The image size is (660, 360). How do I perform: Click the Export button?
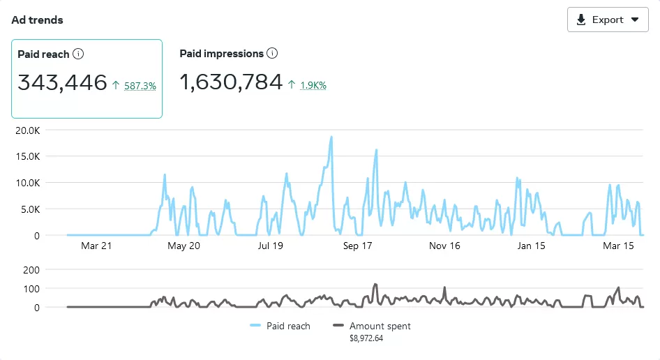[608, 20]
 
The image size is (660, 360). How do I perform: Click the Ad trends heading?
[37, 20]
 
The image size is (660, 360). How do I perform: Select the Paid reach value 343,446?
[62, 83]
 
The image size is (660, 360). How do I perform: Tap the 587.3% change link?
[140, 86]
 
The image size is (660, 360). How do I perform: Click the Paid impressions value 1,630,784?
[231, 83]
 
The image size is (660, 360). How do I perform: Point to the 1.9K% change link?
[313, 86]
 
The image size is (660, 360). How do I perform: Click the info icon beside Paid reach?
[78, 54]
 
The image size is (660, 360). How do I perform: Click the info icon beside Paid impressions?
[272, 54]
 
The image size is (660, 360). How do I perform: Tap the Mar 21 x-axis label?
[96, 246]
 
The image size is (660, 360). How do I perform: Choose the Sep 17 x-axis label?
[357, 246]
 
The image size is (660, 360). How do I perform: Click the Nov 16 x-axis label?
[444, 246]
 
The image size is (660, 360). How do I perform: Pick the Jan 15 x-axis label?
[531, 246]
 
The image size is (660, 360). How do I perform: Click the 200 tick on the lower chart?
[32, 269]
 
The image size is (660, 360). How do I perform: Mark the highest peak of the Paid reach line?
[331, 137]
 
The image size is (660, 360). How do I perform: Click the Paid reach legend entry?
[280, 326]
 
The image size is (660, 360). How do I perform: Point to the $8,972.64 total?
[366, 338]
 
